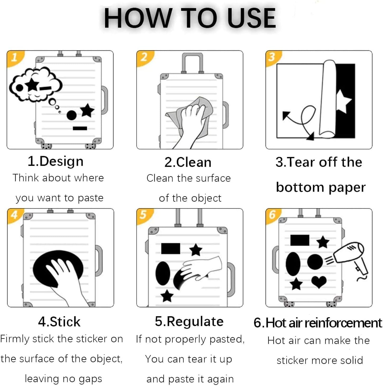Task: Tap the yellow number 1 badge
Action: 15,58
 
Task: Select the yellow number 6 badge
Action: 273,215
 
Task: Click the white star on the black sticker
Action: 343,101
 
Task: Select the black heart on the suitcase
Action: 319,282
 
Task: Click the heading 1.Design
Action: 56,161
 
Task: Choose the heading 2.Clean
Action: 188,162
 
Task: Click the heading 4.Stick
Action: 59,322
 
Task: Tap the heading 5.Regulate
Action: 189,322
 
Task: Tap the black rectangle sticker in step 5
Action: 170,249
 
